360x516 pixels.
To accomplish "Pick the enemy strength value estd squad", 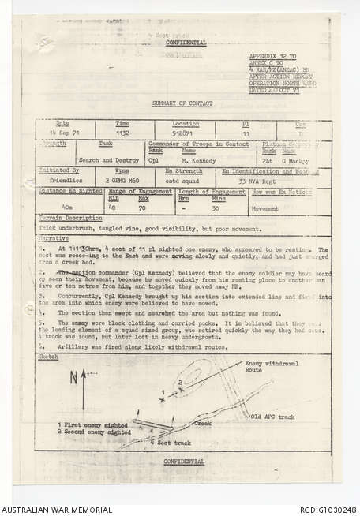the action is pyautogui.click(x=182, y=181).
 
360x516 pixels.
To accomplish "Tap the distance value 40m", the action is pyautogui.click(x=68, y=207).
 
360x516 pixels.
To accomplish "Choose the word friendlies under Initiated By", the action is pyautogui.click(x=66, y=181).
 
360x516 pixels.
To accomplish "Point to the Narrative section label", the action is pyautogui.click(x=53, y=237).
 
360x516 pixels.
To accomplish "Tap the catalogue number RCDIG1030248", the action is pyautogui.click(x=324, y=510).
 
